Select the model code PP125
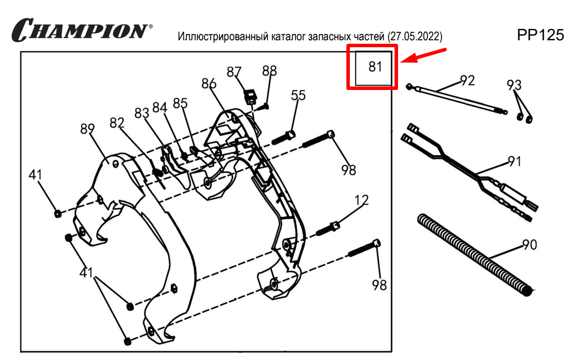tap(540, 35)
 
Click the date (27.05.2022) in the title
tap(416, 37)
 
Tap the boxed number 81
tap(375, 67)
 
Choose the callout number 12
tap(361, 201)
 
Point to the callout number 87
tap(234, 72)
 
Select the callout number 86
tap(208, 84)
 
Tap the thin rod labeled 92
tap(457, 98)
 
